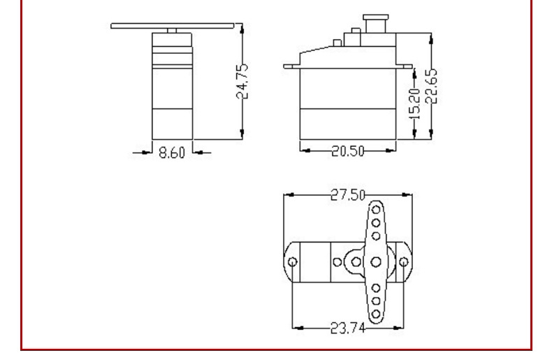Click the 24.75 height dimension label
[242, 81]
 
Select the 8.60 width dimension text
[172, 153]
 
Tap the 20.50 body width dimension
[348, 151]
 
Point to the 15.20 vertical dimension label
[415, 103]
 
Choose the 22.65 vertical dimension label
[432, 86]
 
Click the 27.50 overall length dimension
[348, 195]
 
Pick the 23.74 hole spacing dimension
[348, 329]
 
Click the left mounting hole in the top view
[293, 262]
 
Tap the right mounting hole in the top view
[404, 262]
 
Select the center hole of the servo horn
[376, 262]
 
